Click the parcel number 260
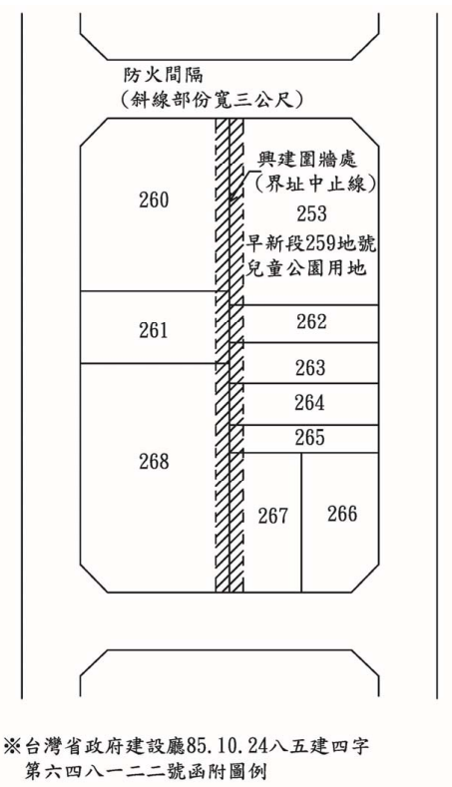click(154, 200)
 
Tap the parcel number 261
click(154, 331)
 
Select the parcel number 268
click(154, 461)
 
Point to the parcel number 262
click(311, 322)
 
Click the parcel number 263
click(310, 368)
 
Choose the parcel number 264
click(310, 403)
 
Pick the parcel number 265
click(310, 438)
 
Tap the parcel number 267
click(273, 516)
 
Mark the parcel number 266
click(342, 514)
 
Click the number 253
click(311, 213)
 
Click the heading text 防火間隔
click(164, 75)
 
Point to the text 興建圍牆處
click(307, 161)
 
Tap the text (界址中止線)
click(315, 186)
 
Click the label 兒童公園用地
click(306, 268)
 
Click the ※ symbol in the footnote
click(12, 746)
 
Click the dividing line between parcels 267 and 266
click(301, 523)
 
